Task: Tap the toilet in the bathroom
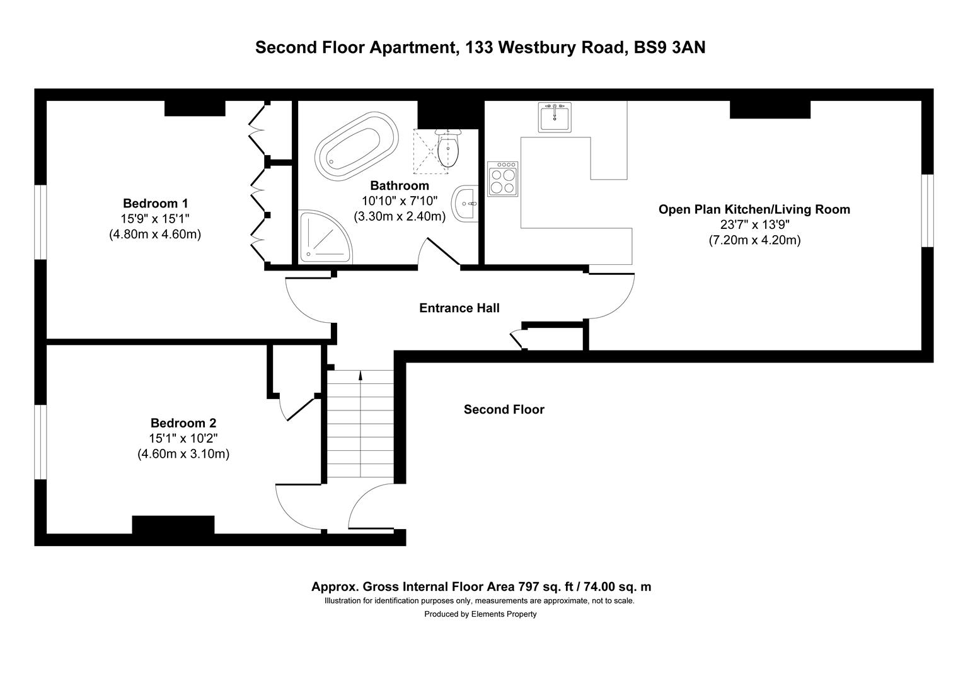click(447, 148)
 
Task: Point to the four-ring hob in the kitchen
click(503, 179)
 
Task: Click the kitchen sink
click(555, 117)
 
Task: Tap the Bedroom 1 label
click(155, 204)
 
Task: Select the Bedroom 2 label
click(183, 423)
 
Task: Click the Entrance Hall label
click(459, 308)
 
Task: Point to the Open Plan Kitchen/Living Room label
click(754, 209)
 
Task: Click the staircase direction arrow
click(360, 376)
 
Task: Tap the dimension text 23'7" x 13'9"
click(754, 224)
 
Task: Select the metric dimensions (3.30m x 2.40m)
click(400, 216)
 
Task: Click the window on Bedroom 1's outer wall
click(40, 221)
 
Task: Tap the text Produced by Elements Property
click(480, 614)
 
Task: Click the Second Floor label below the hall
click(504, 410)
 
